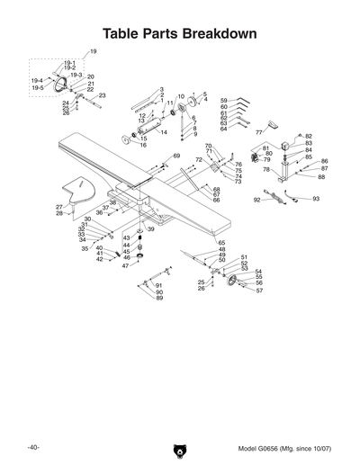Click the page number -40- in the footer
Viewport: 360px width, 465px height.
(32, 447)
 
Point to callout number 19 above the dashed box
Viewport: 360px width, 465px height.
(94, 53)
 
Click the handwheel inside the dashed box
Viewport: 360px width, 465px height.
(63, 84)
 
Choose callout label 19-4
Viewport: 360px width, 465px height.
(37, 81)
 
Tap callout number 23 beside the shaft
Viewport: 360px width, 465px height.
(102, 95)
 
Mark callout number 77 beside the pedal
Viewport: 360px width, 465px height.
(258, 132)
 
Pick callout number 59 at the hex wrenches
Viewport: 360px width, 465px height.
(223, 100)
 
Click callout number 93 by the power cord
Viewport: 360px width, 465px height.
(316, 198)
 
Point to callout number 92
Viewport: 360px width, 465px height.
(256, 200)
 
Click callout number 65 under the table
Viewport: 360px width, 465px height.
(221, 243)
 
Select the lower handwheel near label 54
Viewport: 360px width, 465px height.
(236, 286)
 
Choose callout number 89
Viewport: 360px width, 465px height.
(159, 298)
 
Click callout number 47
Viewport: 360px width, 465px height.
(125, 265)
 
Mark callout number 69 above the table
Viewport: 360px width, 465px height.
(176, 156)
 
